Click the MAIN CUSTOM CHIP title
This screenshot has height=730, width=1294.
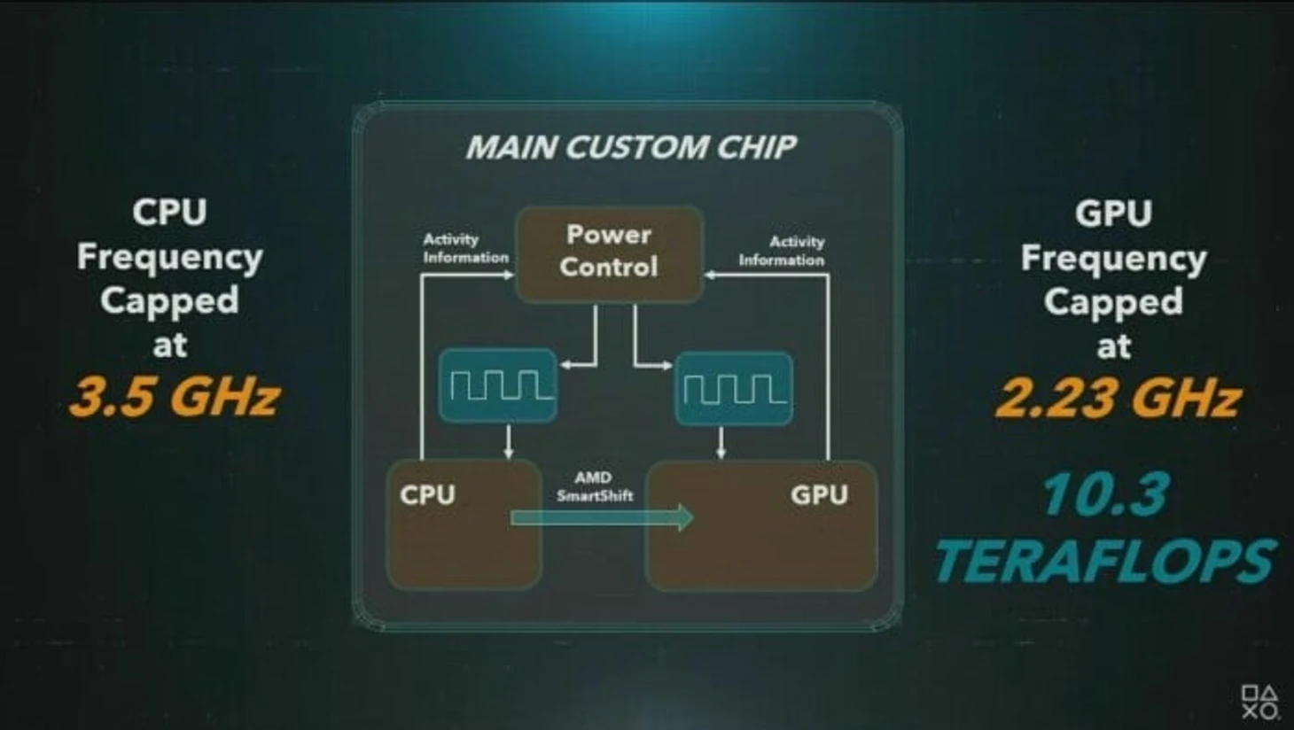point(631,147)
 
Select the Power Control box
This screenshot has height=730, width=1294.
point(609,253)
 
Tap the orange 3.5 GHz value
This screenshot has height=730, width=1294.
point(175,396)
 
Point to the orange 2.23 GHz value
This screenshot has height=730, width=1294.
point(1117,398)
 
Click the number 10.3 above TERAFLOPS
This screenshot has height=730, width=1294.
point(1105,493)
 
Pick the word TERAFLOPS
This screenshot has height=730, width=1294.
point(1104,561)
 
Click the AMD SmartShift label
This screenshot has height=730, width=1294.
point(594,486)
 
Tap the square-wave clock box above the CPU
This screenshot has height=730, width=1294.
point(497,385)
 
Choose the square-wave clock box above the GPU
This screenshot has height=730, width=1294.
point(734,389)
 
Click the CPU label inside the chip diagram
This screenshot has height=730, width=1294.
point(427,494)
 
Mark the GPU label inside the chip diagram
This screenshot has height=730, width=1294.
point(818,494)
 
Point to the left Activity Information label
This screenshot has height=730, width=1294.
point(464,248)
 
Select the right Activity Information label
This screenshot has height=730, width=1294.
point(782,251)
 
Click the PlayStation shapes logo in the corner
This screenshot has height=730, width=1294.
point(1259,702)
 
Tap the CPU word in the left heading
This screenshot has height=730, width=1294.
point(169,213)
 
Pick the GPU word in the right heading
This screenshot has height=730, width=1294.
point(1113,214)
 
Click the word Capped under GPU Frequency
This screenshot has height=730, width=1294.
point(1113,302)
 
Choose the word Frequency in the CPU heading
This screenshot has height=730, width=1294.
point(169,257)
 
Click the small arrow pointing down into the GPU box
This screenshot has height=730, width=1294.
point(721,443)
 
